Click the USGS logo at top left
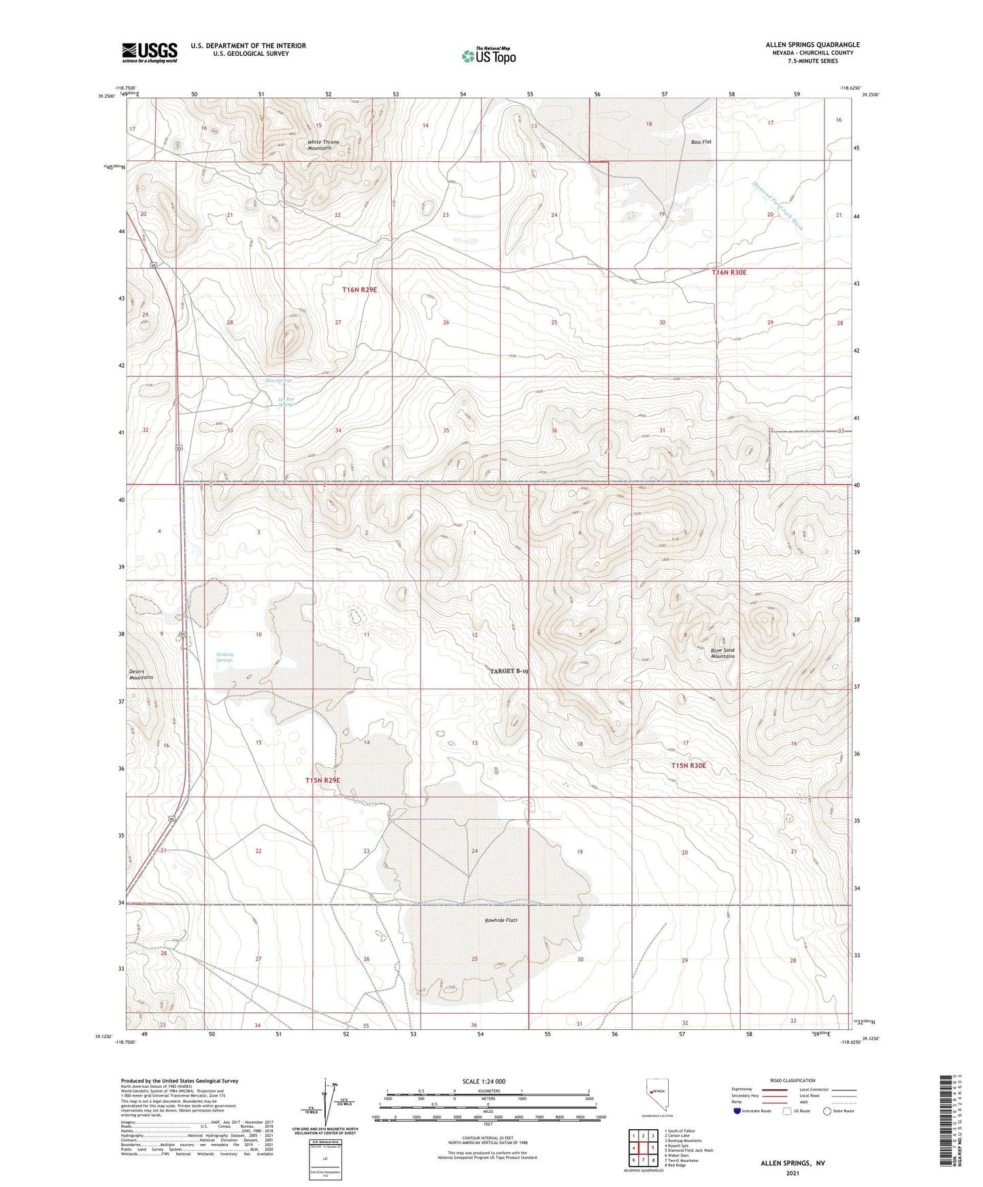point(149,52)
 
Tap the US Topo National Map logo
point(487,56)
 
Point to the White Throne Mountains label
point(323,145)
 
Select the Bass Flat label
point(701,142)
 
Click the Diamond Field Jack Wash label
point(778,205)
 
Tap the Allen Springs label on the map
point(278,381)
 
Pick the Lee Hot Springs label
point(286,402)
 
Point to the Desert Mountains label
point(141,674)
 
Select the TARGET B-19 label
point(509,671)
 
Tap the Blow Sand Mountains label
point(722,653)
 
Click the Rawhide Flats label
point(501,921)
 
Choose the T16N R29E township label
point(359,290)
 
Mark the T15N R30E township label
point(688,765)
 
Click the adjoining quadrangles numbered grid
point(642,1148)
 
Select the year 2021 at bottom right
point(793,1173)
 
